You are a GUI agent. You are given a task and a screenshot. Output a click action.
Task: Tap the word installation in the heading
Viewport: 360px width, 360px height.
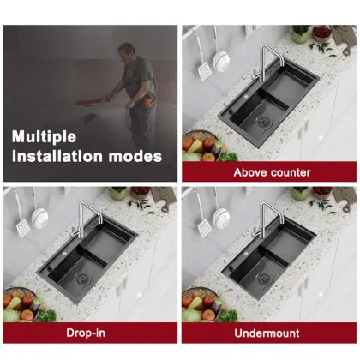coord(54,156)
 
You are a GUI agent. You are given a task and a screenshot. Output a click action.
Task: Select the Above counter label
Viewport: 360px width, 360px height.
coord(271,172)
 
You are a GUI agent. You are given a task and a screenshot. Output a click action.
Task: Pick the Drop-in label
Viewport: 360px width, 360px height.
coord(90,333)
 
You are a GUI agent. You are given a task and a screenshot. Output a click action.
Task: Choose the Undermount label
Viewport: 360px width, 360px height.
coord(271,333)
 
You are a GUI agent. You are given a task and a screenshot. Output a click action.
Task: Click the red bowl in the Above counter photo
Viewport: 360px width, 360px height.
coord(321,33)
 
